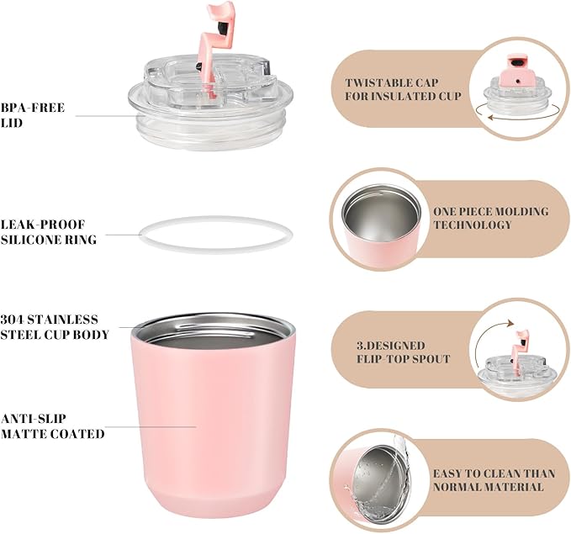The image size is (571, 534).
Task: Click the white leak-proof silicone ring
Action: coord(215,219)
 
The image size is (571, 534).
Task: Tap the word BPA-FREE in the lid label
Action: coord(33,108)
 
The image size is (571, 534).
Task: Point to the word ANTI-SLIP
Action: coord(34,419)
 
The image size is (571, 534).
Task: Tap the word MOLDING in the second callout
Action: coord(521,212)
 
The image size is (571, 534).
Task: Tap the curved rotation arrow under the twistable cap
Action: coord(517,117)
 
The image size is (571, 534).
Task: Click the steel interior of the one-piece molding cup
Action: coord(381,215)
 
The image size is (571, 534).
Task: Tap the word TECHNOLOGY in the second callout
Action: coord(473,225)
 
